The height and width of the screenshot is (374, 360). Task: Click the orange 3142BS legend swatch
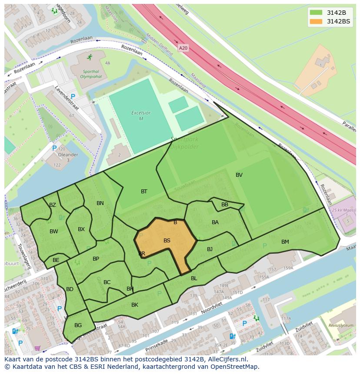[x=316, y=21]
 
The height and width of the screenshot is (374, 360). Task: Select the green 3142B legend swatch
[x=316, y=12]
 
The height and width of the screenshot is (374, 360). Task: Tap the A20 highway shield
[x=183, y=48]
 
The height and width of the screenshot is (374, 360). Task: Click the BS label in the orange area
[x=167, y=240]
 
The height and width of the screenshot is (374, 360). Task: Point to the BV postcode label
[x=239, y=175]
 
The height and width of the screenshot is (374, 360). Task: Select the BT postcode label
[x=144, y=192]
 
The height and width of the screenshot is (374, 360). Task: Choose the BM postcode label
[x=285, y=242]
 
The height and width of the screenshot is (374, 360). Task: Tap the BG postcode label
[x=78, y=325]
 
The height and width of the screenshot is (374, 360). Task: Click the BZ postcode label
[x=53, y=205]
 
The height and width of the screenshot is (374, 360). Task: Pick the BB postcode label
[x=225, y=205]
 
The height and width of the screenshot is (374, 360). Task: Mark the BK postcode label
[x=135, y=305]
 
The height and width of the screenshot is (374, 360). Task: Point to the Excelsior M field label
[x=141, y=116]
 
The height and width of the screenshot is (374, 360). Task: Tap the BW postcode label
[x=54, y=232]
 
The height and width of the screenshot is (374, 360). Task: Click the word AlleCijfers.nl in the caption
[x=226, y=360]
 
